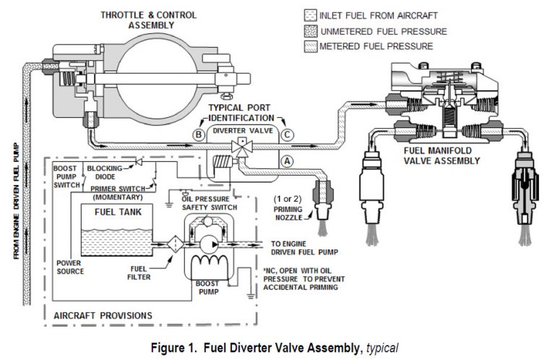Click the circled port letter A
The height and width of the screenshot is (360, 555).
pyautogui.click(x=287, y=162)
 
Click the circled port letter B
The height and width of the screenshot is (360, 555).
pyautogui.click(x=197, y=134)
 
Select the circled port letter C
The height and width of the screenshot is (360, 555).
pyautogui.click(x=287, y=134)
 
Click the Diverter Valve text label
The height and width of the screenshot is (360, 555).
pyautogui.click(x=241, y=132)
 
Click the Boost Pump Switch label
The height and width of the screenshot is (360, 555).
pyautogui.click(x=69, y=177)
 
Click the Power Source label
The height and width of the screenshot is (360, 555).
pyautogui.click(x=71, y=267)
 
